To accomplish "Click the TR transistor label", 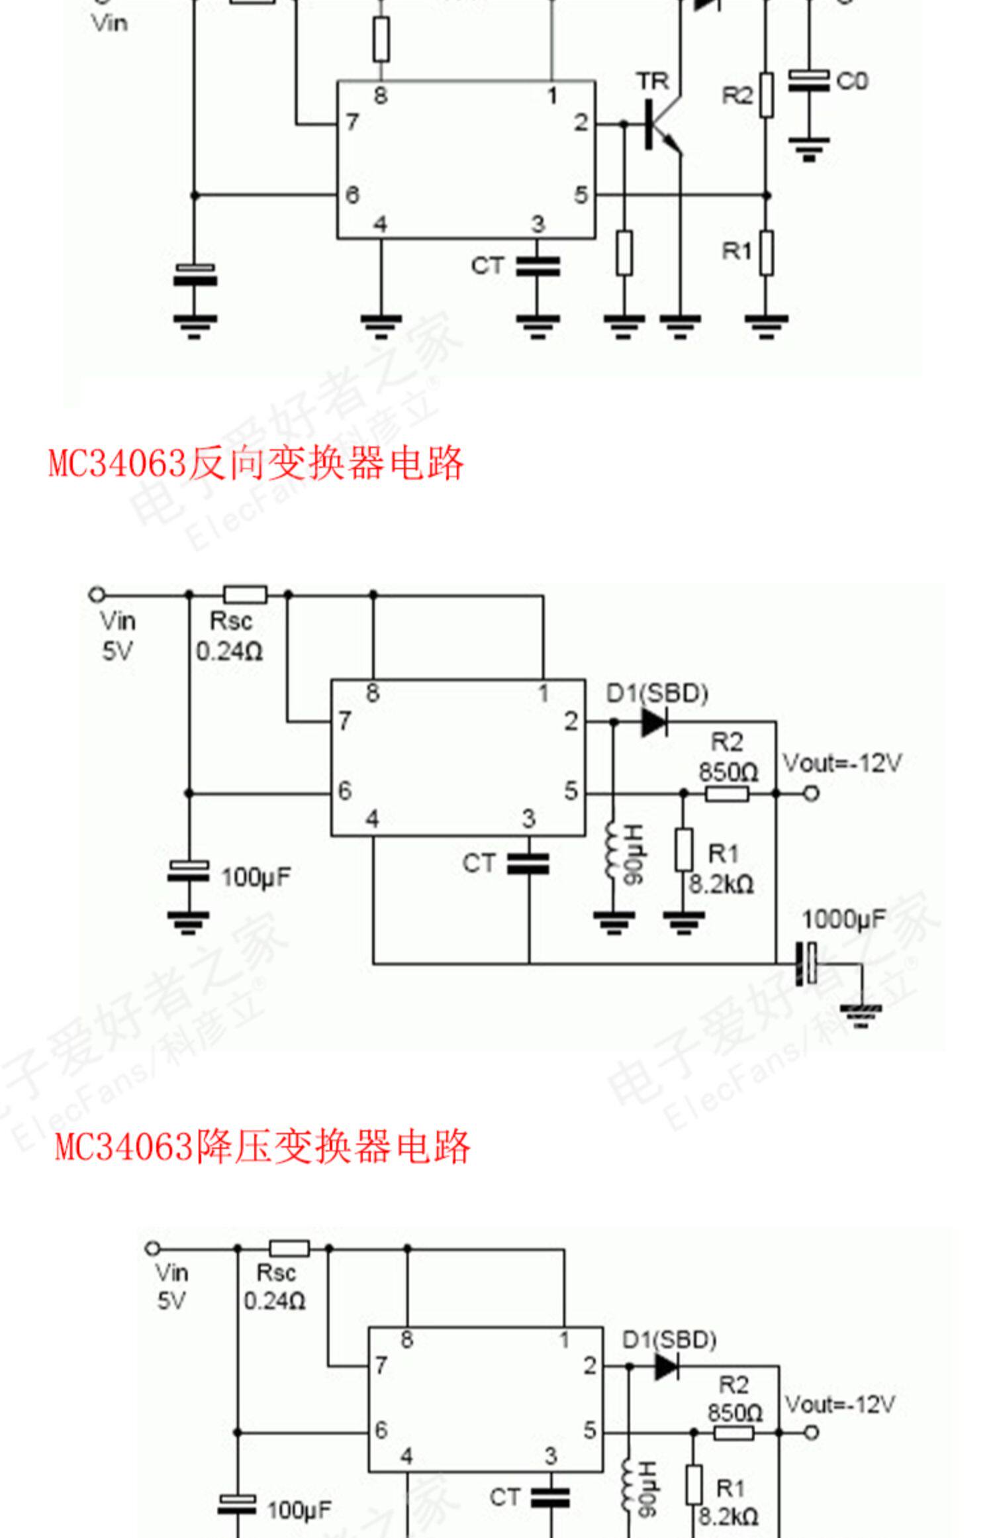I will (653, 81).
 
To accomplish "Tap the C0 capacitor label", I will (851, 81).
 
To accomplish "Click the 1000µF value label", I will (843, 919).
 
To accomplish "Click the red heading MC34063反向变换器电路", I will (256, 463).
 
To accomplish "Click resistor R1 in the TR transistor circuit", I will (766, 252).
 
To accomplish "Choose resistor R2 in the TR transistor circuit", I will (766, 95).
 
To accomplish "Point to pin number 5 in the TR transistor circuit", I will (580, 195).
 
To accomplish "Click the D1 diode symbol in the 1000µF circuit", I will (654, 721).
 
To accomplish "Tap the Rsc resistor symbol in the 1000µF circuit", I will (245, 594).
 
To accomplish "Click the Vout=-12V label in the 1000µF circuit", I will (841, 763).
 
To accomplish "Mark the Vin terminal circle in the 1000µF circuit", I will (97, 595).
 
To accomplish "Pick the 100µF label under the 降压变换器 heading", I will (299, 1510).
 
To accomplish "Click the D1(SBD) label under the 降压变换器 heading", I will (669, 1341).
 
